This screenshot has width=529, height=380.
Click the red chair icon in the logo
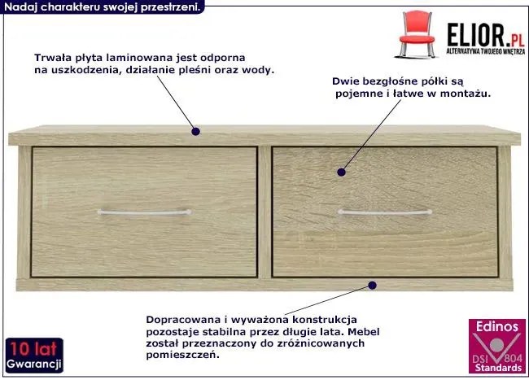(417, 33)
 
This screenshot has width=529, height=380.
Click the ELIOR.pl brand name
(486, 35)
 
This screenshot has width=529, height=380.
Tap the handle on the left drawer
(144, 212)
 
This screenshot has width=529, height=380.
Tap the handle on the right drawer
(385, 212)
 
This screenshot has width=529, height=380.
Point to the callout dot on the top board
(195, 132)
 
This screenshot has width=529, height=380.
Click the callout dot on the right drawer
(342, 173)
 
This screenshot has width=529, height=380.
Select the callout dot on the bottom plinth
(372, 286)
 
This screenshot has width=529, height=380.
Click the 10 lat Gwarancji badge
(34, 356)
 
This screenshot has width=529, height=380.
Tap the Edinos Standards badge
(497, 347)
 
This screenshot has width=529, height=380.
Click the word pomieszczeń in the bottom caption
(182, 355)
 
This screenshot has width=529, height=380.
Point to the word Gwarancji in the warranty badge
(34, 365)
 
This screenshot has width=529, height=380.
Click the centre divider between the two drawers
(264, 212)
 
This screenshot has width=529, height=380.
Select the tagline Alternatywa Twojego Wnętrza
(486, 51)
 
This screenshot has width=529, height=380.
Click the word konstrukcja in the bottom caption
(325, 319)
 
